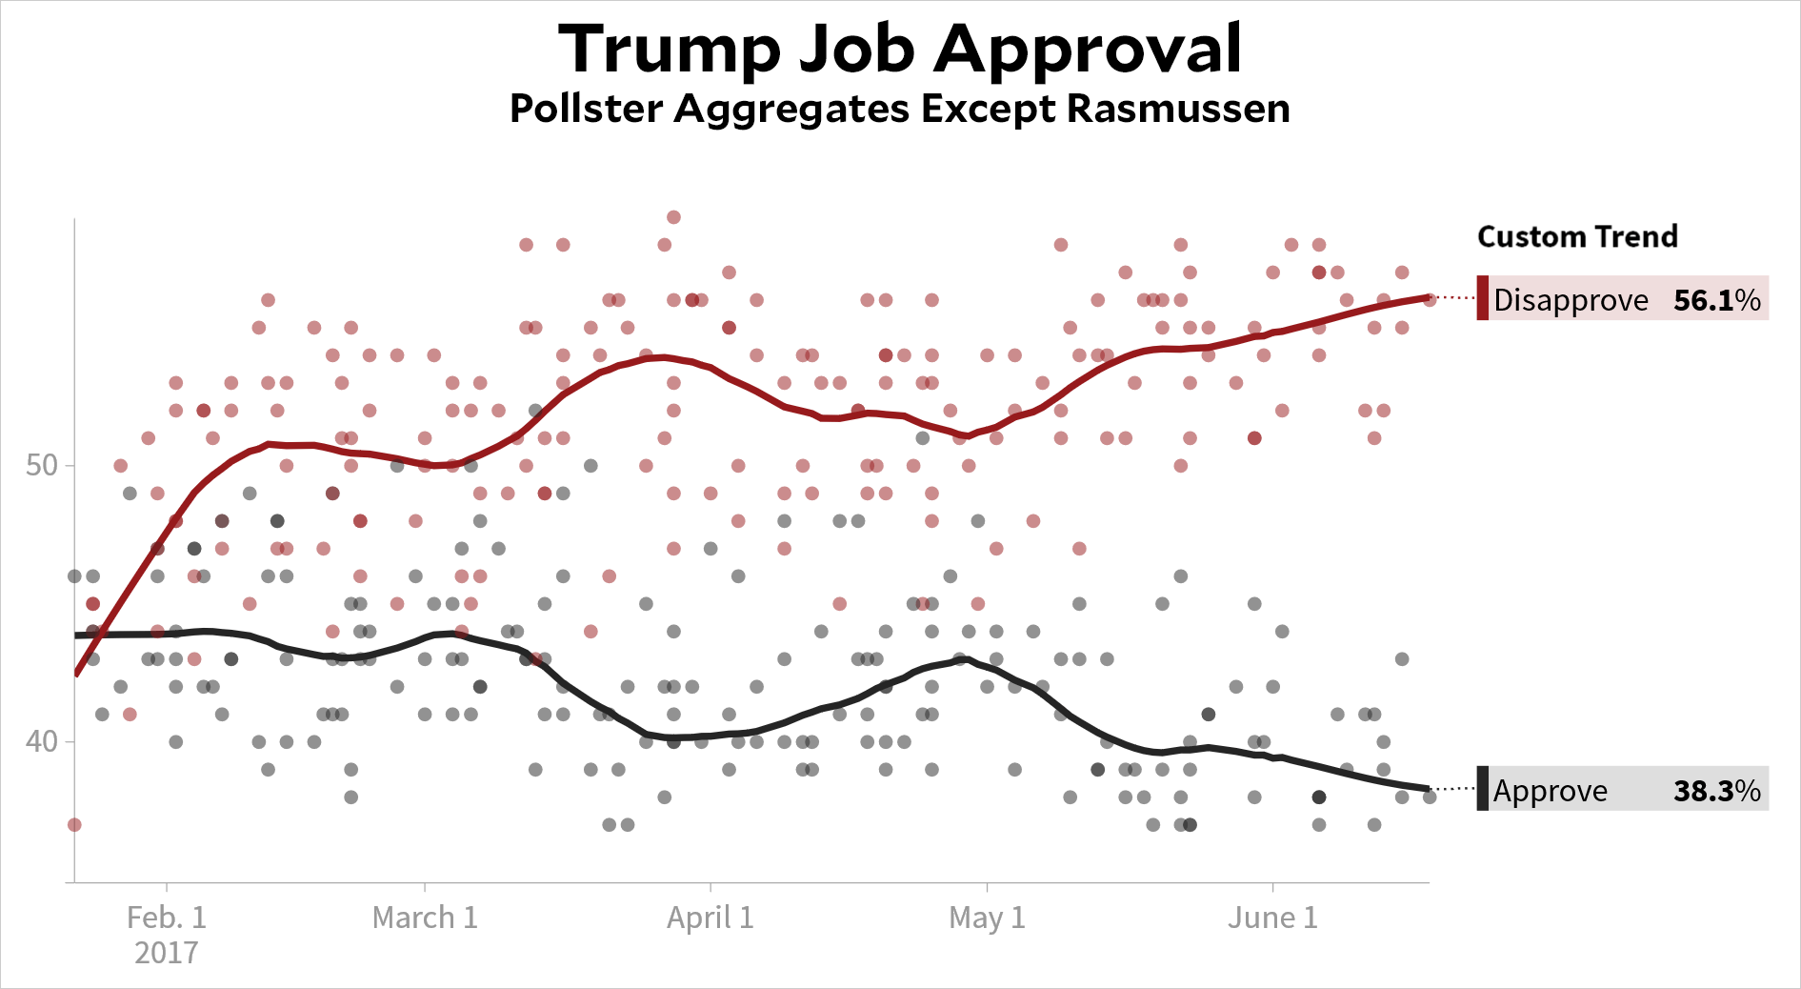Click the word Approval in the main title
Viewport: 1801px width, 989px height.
1088,50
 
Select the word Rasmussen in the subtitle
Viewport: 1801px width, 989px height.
1178,109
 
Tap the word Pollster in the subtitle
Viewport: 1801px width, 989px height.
588,109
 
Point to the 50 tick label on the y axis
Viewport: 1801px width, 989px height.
42,466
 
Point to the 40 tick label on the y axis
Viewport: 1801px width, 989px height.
42,741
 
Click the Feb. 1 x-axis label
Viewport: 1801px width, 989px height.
167,918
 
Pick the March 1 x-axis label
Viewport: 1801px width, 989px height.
425,918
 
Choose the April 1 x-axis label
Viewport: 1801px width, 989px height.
710,918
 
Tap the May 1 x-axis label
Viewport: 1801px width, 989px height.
988,918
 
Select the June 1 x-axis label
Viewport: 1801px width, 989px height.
1273,918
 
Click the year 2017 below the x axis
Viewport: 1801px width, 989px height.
167,953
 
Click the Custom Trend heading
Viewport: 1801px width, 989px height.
1577,236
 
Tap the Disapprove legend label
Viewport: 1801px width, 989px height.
1571,300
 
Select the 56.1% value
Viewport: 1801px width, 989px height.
1717,300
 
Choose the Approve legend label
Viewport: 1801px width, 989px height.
1551,791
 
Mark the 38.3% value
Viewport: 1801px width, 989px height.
1717,791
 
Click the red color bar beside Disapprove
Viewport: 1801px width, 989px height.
1483,298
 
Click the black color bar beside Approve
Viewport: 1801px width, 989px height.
1483,789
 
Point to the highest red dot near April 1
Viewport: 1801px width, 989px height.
673,217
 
